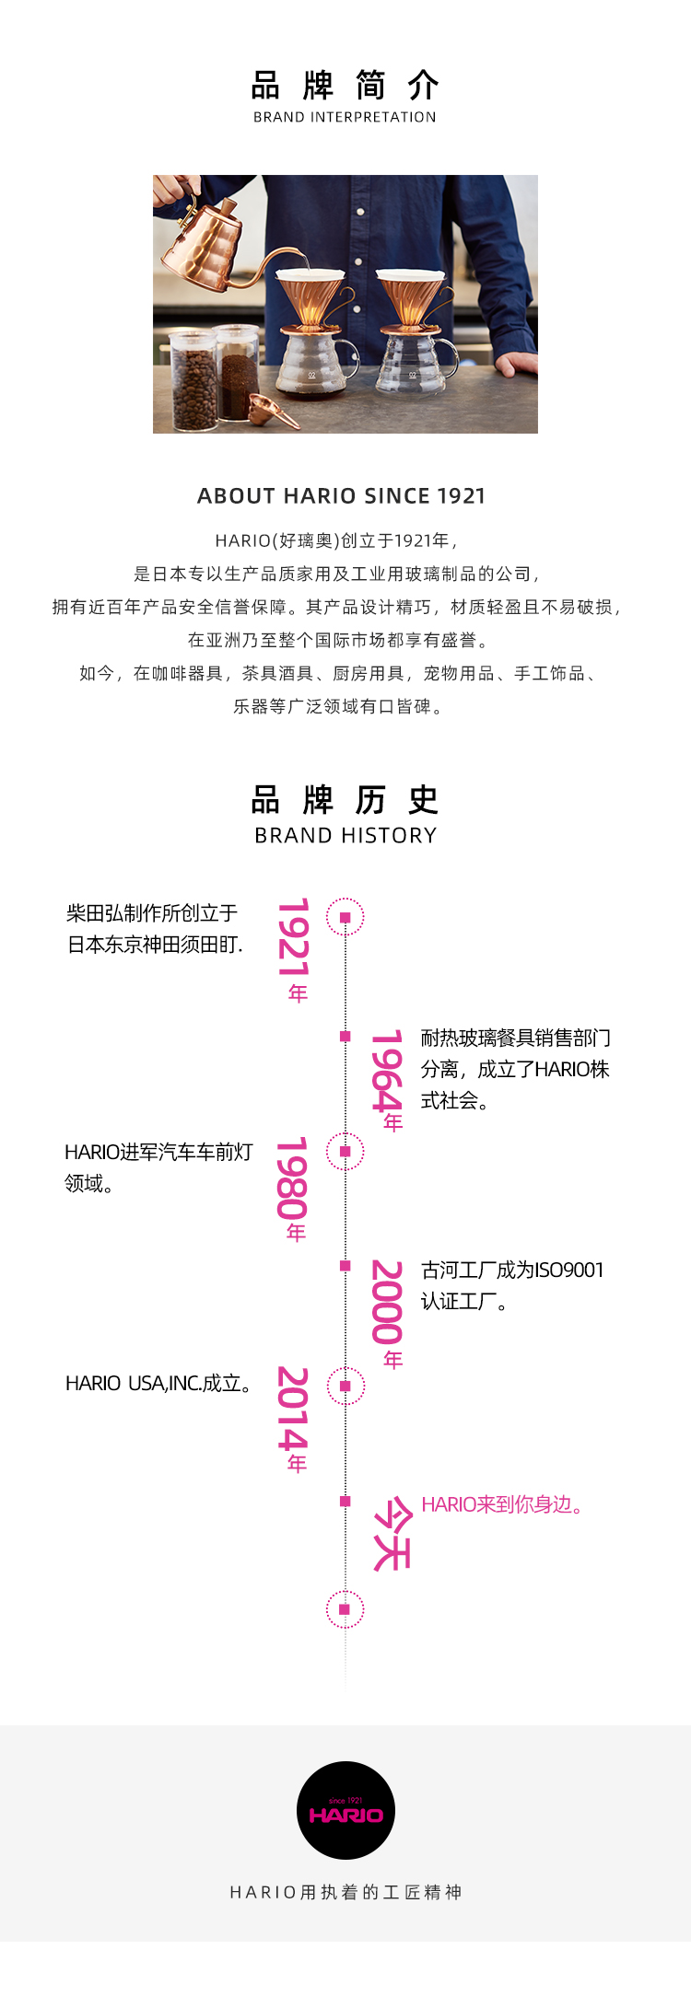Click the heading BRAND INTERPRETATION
click(345, 117)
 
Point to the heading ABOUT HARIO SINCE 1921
click(341, 496)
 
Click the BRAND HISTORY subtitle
click(345, 835)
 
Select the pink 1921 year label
click(294, 948)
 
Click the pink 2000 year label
click(388, 1312)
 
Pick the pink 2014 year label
click(293, 1418)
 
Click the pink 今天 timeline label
click(391, 1534)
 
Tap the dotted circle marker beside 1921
click(345, 917)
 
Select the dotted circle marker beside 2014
click(345, 1386)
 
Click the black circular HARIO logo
click(345, 1810)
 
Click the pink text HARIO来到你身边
click(502, 1504)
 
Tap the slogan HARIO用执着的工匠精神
click(345, 1892)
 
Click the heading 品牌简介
click(345, 86)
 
